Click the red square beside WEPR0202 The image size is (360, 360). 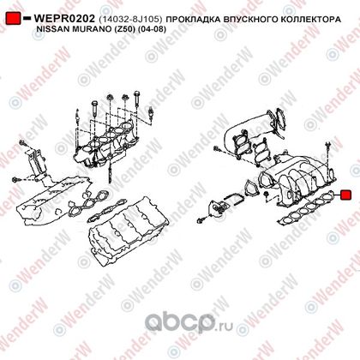13,19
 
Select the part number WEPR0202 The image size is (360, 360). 64,19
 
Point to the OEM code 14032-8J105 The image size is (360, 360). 130,20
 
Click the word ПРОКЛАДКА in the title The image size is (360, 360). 193,20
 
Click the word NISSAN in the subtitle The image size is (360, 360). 50,29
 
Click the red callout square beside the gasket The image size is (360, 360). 345,195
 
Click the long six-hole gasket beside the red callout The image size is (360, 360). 307,208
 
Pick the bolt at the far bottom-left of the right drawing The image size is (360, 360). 201,220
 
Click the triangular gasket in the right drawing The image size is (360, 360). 250,189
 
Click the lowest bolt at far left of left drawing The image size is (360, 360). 16,180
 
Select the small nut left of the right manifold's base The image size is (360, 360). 266,195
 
